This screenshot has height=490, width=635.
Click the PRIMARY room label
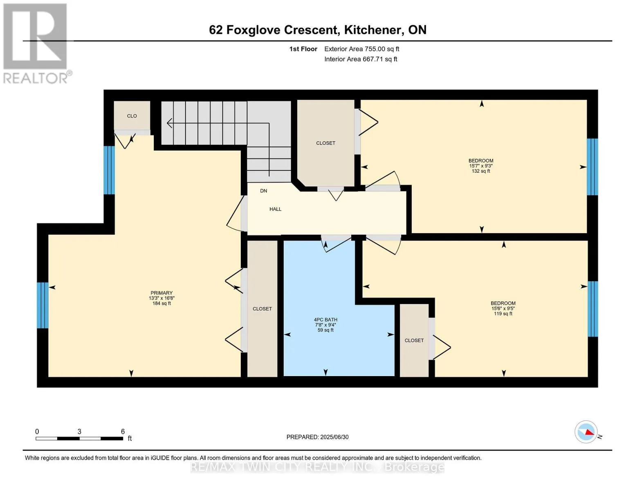[x=162, y=293]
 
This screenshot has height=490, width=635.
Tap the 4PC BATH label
[x=325, y=320]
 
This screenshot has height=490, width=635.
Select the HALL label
[x=275, y=209]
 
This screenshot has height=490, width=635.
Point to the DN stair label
[x=264, y=191]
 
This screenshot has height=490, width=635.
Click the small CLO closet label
[x=132, y=116]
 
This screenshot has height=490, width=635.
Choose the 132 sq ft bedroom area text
[x=481, y=171]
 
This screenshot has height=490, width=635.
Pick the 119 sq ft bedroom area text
[x=503, y=314]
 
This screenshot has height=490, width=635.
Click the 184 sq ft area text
[x=162, y=303]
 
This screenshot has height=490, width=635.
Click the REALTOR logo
[x=36, y=44]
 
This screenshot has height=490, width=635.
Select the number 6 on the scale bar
[x=123, y=431]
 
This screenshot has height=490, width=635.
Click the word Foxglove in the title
[x=253, y=30]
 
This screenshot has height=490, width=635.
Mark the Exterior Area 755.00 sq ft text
[x=362, y=49]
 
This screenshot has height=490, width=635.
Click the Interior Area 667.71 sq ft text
[x=361, y=59]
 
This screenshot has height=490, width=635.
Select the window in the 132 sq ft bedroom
[x=592, y=167]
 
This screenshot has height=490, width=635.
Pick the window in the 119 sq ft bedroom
[x=593, y=309]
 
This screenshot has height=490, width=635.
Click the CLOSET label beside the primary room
[x=262, y=309]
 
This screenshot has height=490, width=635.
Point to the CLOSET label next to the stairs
[x=325, y=143]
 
